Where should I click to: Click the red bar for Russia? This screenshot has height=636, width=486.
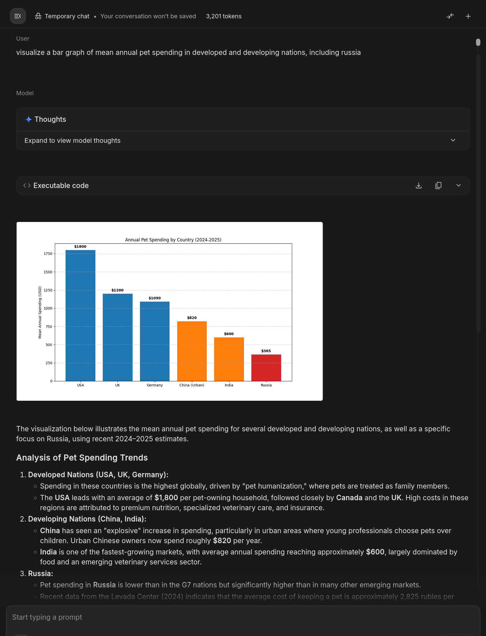(266, 368)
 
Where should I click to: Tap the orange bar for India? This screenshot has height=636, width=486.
(229, 359)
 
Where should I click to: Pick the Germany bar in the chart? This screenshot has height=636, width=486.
(155, 341)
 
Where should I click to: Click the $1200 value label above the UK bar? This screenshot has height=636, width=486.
(117, 290)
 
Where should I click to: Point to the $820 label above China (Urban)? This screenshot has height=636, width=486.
(192, 318)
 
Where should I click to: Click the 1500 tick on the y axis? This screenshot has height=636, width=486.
(48, 272)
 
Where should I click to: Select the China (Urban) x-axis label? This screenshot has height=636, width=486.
(192, 385)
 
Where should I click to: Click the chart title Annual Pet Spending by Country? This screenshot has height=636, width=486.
(173, 240)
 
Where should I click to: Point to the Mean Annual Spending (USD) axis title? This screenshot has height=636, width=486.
(40, 313)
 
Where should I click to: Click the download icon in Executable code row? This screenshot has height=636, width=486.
(419, 186)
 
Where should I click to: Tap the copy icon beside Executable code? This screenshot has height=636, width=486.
(438, 186)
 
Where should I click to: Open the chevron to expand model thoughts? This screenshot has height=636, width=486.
(453, 140)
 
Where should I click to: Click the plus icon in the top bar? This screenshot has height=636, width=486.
(468, 16)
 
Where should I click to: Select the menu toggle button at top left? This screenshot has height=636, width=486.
(18, 16)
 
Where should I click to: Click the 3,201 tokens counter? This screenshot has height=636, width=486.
(224, 16)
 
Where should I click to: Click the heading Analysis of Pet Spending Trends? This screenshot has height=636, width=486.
(82, 458)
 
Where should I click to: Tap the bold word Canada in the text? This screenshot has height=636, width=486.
(349, 498)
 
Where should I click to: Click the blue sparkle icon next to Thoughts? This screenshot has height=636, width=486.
(29, 119)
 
